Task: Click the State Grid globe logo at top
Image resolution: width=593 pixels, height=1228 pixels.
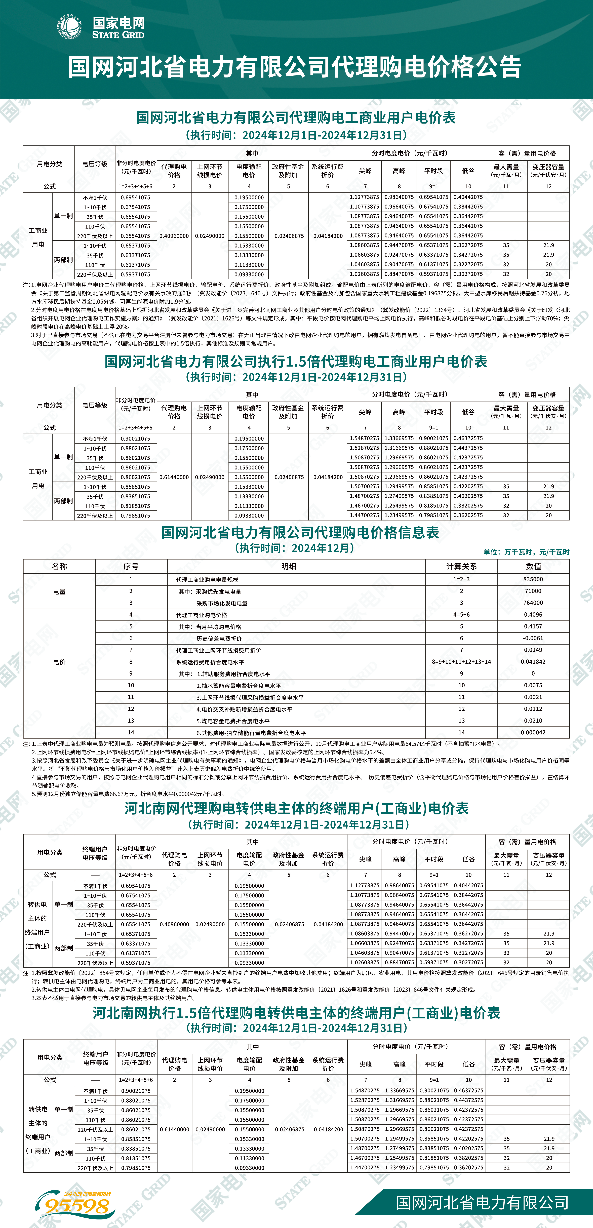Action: (70, 27)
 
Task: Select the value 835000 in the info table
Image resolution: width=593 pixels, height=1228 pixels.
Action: (533, 579)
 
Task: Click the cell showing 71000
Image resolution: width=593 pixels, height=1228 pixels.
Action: (533, 591)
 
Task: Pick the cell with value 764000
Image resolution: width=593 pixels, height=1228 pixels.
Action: (533, 603)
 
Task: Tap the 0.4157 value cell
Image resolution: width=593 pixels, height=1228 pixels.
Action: (533, 626)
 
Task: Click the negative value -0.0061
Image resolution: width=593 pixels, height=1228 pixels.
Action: (533, 638)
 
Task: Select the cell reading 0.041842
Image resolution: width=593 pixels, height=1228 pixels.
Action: (533, 662)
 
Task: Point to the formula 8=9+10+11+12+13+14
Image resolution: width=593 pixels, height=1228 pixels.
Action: (461, 662)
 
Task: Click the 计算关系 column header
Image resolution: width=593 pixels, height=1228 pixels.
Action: (461, 566)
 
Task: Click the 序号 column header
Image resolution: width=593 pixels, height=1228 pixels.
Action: (131, 566)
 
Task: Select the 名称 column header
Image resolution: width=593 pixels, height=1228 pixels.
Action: (60, 566)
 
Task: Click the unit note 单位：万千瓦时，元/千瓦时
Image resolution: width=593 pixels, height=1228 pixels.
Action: (526, 552)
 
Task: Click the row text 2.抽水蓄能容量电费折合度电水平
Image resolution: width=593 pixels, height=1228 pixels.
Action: (238, 686)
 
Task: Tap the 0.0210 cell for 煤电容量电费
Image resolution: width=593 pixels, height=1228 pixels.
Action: (533, 721)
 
